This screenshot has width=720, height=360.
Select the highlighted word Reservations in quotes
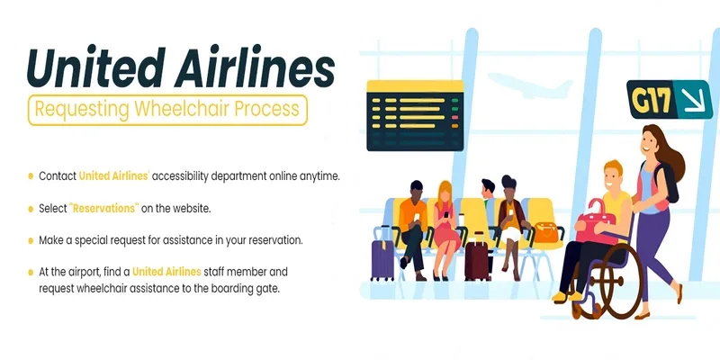104,208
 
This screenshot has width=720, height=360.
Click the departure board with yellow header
415,116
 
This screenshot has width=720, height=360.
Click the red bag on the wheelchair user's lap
595,222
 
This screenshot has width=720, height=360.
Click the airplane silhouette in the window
530,85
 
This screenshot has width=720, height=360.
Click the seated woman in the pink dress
445,229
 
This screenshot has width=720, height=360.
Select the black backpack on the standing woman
667,182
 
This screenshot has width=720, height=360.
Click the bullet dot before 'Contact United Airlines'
31,176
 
